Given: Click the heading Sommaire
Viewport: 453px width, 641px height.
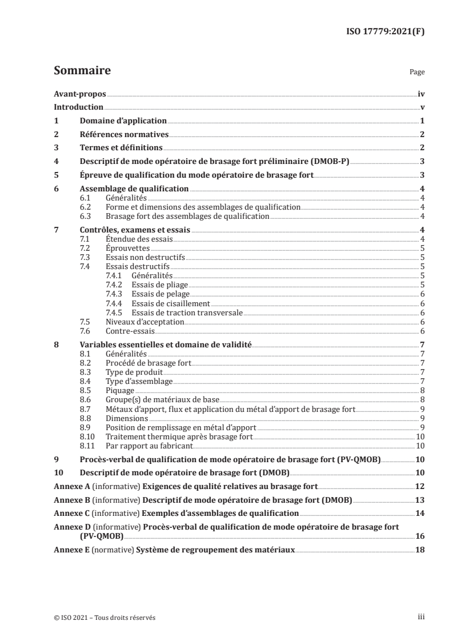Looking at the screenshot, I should click(x=82, y=71).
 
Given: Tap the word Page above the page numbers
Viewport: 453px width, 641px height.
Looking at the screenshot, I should click(x=417, y=73).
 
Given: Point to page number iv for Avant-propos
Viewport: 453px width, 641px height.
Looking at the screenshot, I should click(x=421, y=93).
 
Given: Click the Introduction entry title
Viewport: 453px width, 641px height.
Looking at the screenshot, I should click(x=78, y=107).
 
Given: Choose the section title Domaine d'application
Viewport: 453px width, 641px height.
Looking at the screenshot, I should click(x=123, y=121).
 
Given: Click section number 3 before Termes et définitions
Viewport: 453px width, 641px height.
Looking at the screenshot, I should click(x=56, y=148).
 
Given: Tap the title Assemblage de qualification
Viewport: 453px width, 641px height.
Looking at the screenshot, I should click(x=134, y=189).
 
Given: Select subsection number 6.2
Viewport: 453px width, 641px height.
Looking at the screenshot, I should click(x=85, y=207).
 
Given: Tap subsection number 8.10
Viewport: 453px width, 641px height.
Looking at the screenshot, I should click(x=87, y=436).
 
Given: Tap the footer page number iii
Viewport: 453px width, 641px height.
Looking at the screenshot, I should click(x=420, y=617).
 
